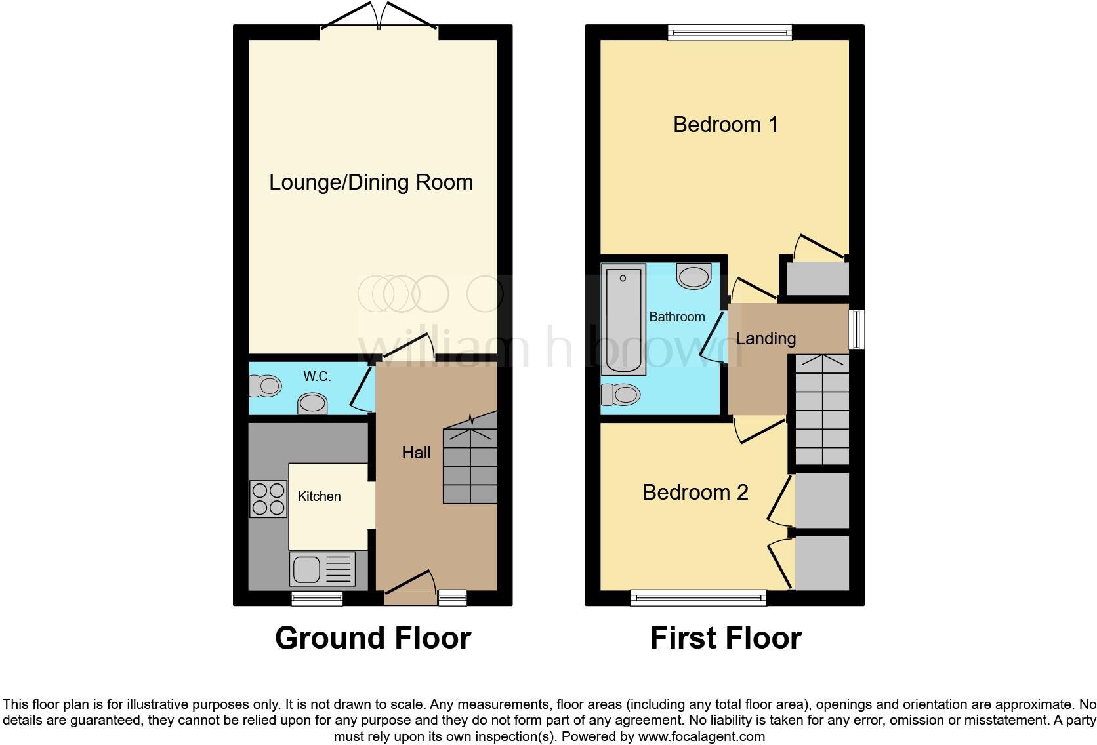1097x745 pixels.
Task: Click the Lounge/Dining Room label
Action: pyautogui.click(x=371, y=182)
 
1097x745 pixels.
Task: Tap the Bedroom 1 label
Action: pyautogui.click(x=725, y=125)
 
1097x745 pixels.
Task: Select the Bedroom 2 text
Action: pyautogui.click(x=695, y=493)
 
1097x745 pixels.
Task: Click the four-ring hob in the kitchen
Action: pyautogui.click(x=268, y=499)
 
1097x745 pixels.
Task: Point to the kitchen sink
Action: pyautogui.click(x=322, y=569)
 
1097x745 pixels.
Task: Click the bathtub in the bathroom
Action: pyautogui.click(x=623, y=319)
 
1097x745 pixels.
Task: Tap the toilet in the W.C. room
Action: pyautogui.click(x=265, y=386)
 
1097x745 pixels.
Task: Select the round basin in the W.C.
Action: pyautogui.click(x=312, y=403)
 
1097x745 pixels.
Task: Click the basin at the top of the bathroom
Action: pyautogui.click(x=694, y=276)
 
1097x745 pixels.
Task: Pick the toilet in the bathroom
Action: pyautogui.click(x=621, y=395)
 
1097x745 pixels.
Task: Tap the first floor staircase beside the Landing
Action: pyautogui.click(x=822, y=410)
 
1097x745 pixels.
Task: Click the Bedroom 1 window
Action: pyautogui.click(x=730, y=32)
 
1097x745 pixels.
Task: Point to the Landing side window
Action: pyautogui.click(x=856, y=329)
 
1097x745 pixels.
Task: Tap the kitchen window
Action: pyautogui.click(x=317, y=597)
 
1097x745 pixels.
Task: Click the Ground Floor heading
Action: pyautogui.click(x=373, y=638)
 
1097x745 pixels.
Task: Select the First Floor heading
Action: pyautogui.click(x=725, y=638)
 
